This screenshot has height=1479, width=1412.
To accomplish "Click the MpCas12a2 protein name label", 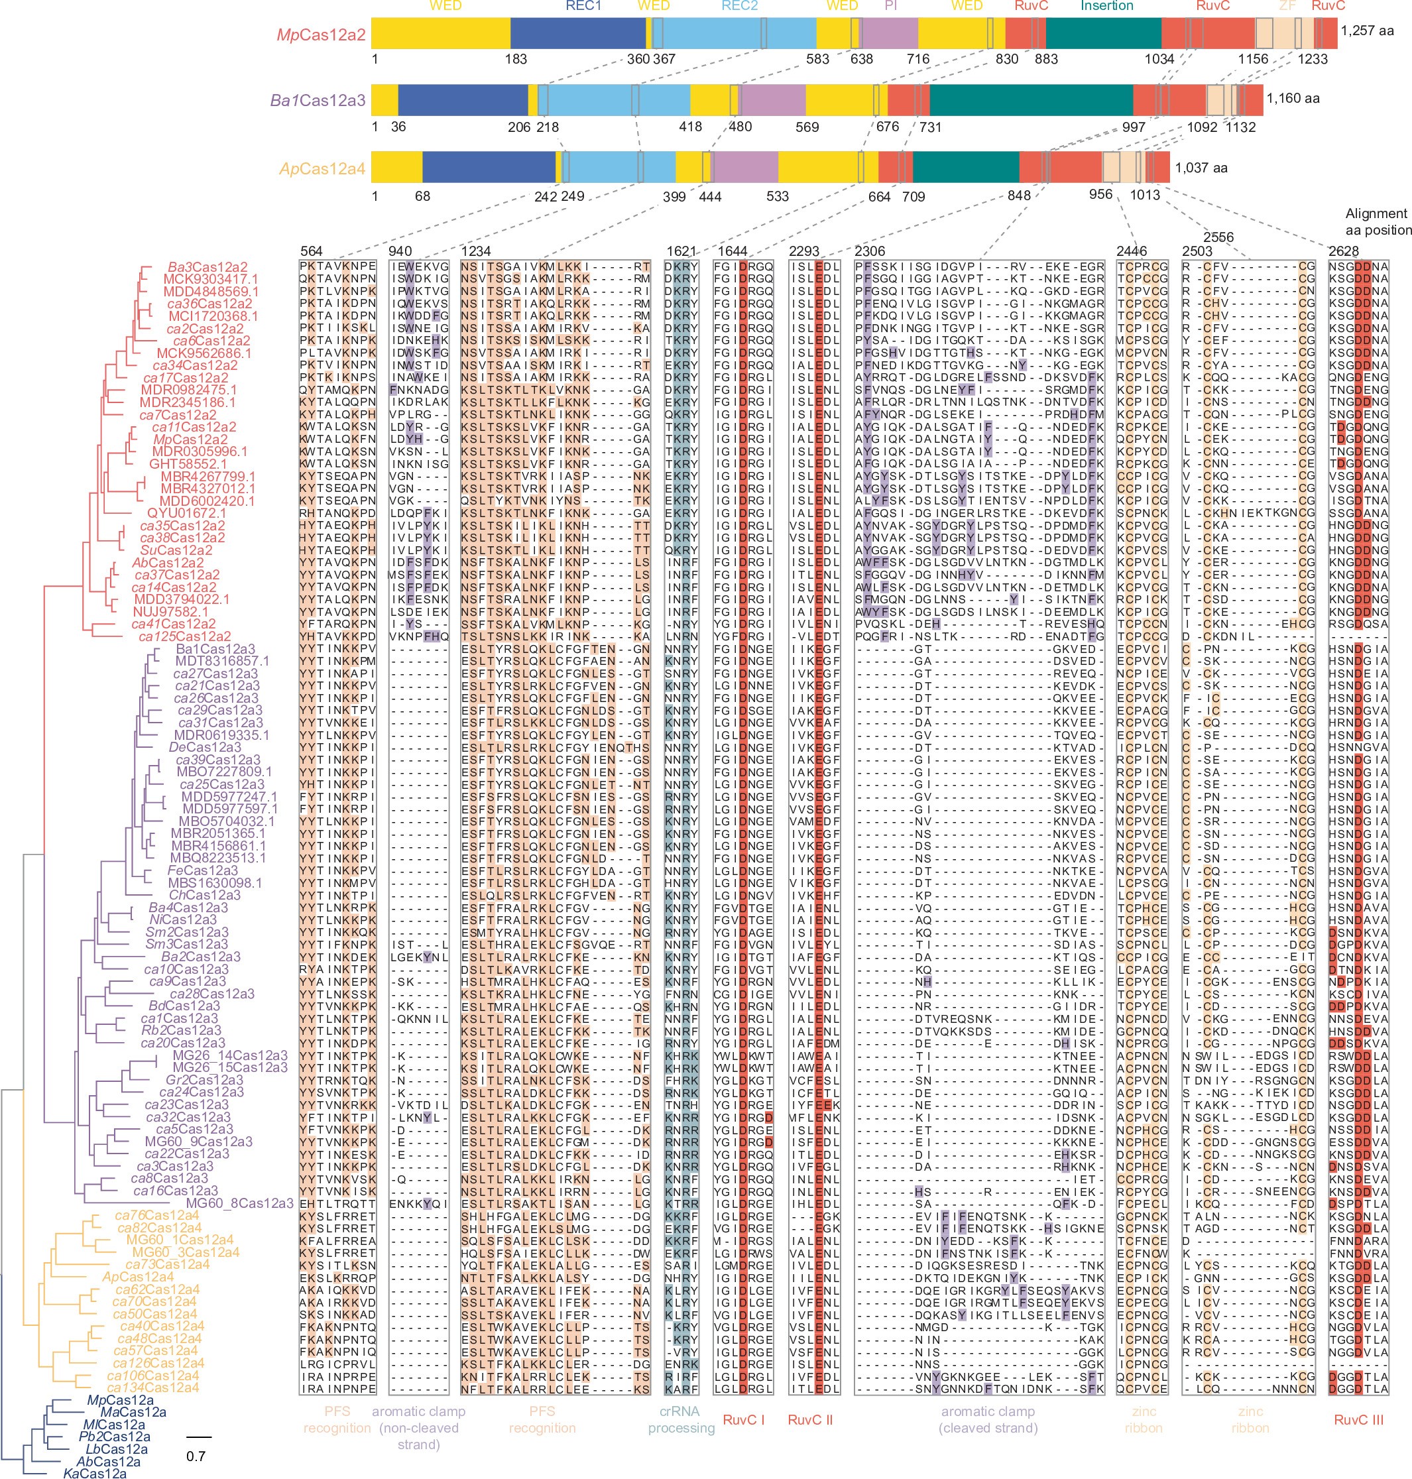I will [321, 34].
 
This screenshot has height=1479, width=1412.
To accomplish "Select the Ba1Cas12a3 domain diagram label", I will [318, 100].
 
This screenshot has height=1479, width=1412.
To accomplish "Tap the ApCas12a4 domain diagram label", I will [322, 168].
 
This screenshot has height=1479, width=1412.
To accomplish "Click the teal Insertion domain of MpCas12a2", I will [1102, 34].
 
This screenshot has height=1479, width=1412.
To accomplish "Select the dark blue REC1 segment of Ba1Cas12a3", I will [462, 100].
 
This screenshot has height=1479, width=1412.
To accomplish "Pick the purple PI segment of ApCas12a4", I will [745, 167].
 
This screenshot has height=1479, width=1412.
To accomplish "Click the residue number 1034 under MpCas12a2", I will [1159, 59].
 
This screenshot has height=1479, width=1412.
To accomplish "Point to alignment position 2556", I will [1218, 237].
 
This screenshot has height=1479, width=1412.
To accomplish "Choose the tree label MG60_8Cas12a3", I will [239, 1203].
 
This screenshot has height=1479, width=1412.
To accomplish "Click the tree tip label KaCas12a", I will [94, 1473].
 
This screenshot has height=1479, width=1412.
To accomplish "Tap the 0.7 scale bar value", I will [196, 1456].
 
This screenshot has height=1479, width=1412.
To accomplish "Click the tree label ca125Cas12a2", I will [184, 636].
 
